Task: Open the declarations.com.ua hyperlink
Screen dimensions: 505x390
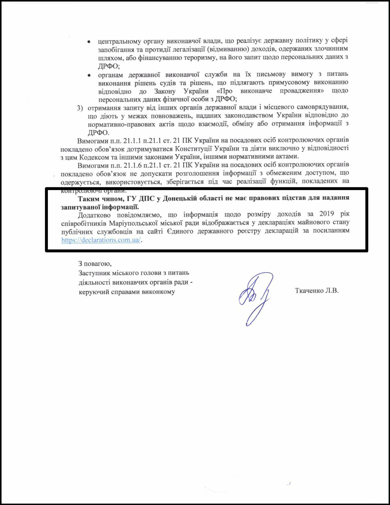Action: [x=101, y=240]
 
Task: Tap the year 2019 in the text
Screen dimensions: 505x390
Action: [x=326, y=214]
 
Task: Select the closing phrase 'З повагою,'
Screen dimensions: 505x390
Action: [x=95, y=264]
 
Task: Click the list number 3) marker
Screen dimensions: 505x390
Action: [x=80, y=108]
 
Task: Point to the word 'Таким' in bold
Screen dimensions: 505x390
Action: [x=89, y=199]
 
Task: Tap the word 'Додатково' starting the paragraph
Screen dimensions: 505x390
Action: [x=94, y=215]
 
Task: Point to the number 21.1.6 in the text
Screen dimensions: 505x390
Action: [x=133, y=165]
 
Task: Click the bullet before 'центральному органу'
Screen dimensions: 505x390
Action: [x=89, y=42]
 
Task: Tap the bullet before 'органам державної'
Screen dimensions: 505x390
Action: [x=89, y=75]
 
